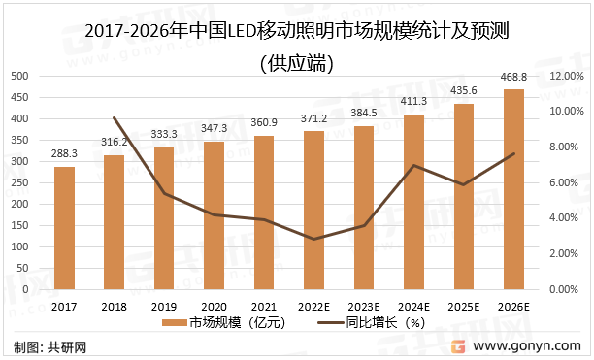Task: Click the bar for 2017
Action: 64,228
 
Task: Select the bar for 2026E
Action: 514,189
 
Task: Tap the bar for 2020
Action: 214,215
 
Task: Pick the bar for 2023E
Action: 364,208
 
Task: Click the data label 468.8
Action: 514,78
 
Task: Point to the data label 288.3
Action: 64,154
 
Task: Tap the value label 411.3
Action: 414,102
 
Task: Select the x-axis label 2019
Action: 164,306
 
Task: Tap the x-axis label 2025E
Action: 464,306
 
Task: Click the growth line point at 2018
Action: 115,118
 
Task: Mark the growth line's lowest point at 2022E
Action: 314,239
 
